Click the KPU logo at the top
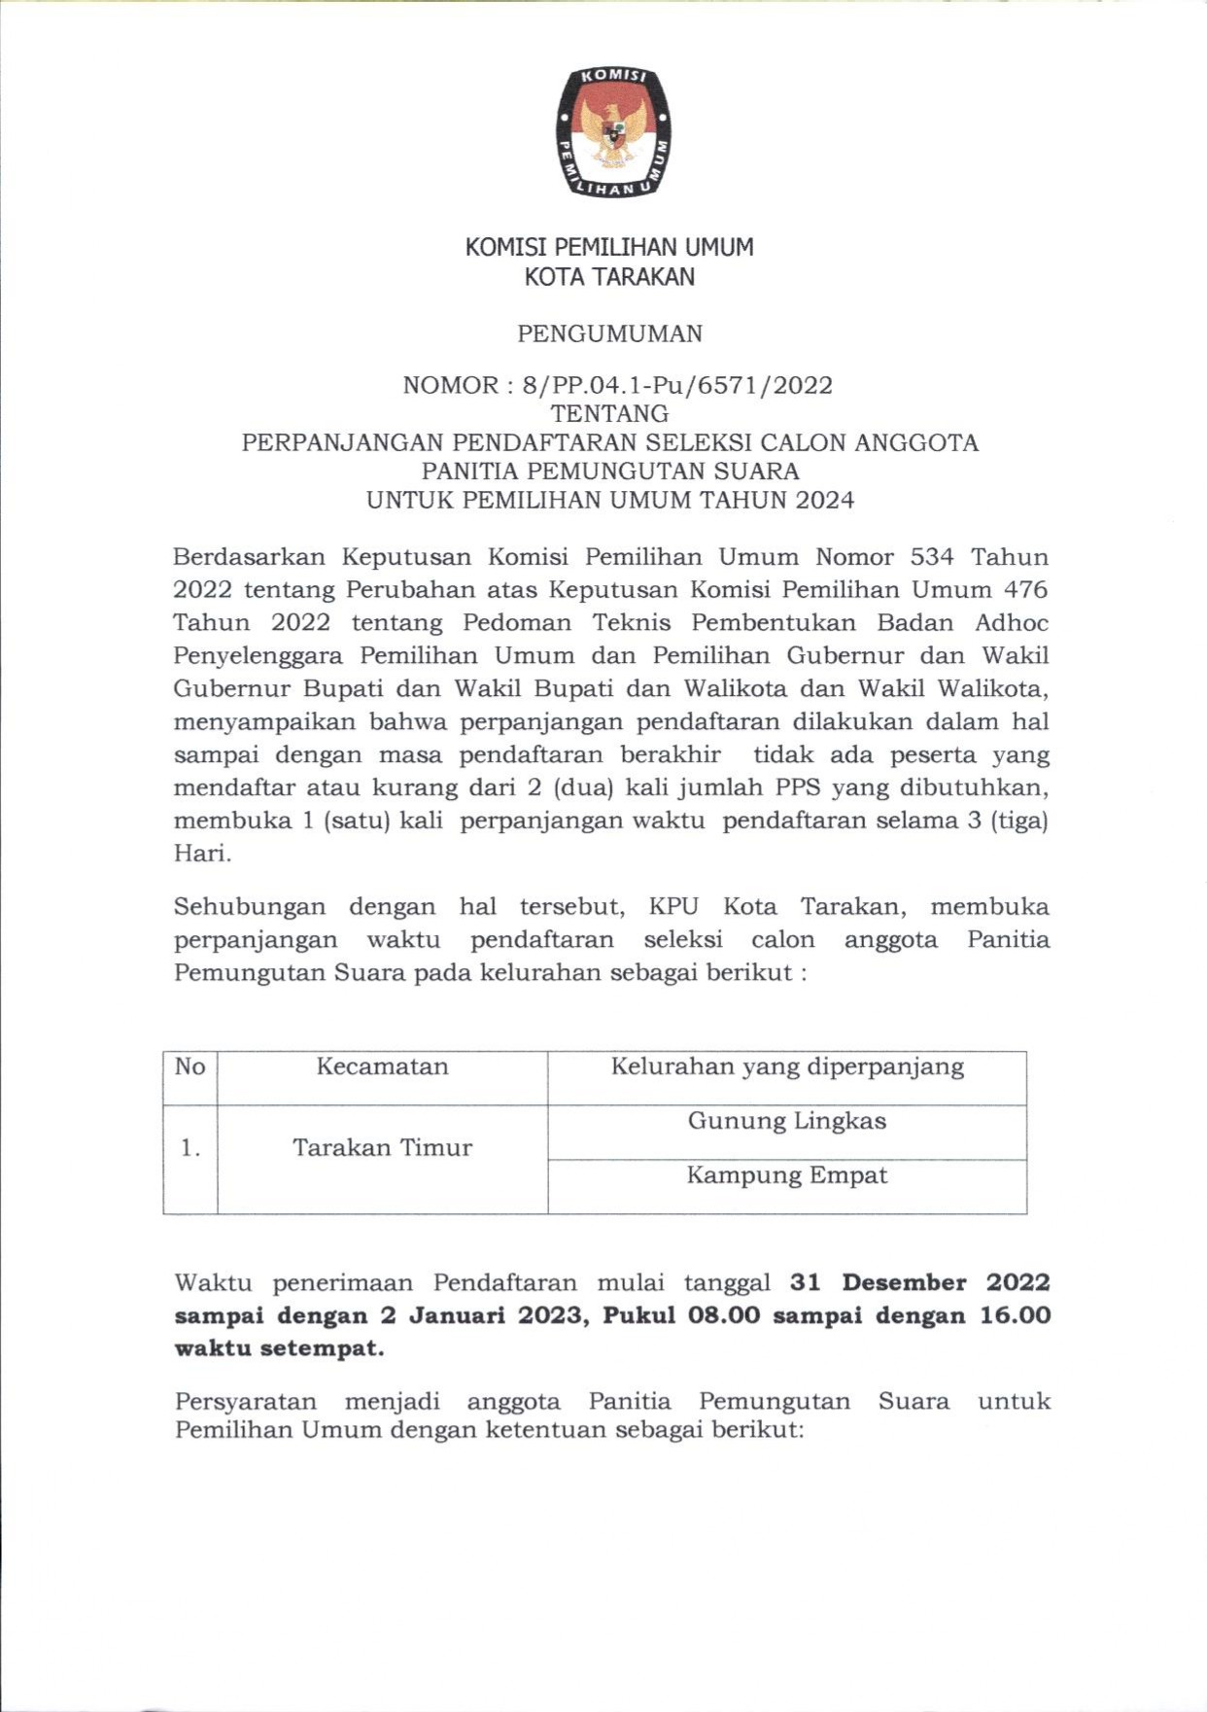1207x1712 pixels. pyautogui.click(x=613, y=132)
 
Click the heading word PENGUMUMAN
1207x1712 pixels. pyautogui.click(x=609, y=333)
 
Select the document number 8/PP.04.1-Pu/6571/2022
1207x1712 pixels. pyautogui.click(x=676, y=385)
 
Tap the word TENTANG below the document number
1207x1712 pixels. pyautogui.click(x=609, y=414)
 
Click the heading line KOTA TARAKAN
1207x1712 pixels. pyautogui.click(x=609, y=277)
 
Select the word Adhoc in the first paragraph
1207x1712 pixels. pyautogui.click(x=1012, y=622)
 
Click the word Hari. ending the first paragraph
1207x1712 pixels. pyautogui.click(x=202, y=854)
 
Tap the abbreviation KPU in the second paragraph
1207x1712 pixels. pyautogui.click(x=673, y=906)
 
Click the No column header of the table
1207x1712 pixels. pyautogui.click(x=190, y=1066)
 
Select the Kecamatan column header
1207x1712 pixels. pyautogui.click(x=382, y=1066)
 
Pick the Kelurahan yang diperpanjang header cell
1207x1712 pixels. pyautogui.click(x=787, y=1066)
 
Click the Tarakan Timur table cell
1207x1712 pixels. pyautogui.click(x=382, y=1147)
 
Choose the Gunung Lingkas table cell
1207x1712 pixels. pyautogui.click(x=787, y=1121)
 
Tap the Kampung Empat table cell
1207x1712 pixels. pyautogui.click(x=787, y=1175)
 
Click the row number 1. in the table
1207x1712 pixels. pyautogui.click(x=190, y=1148)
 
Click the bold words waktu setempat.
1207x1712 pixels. pyautogui.click(x=279, y=1348)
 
